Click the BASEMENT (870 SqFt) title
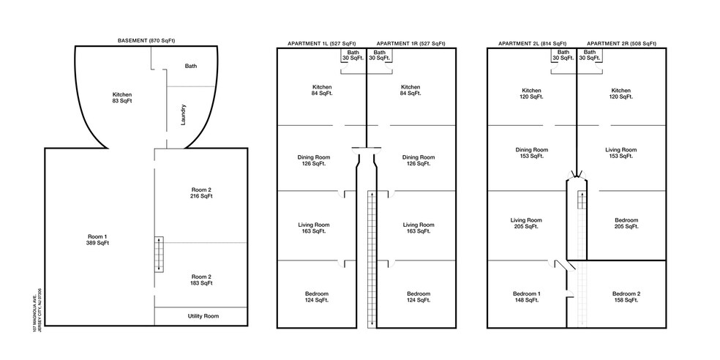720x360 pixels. click(x=146, y=41)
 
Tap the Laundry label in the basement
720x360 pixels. click(x=183, y=116)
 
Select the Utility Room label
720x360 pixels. click(x=203, y=316)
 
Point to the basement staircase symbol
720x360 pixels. click(x=159, y=254)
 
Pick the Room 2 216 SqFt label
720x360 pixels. click(x=201, y=193)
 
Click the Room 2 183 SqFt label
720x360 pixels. click(x=201, y=280)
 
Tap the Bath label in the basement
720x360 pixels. click(x=191, y=66)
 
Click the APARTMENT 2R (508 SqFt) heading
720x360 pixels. click(x=622, y=44)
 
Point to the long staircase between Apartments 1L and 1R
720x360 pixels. click(x=371, y=260)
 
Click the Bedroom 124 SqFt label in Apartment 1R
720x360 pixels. click(x=419, y=297)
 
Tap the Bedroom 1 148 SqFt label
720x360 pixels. click(x=525, y=297)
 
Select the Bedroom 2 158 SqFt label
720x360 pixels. click(x=626, y=297)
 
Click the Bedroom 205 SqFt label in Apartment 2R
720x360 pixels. click(x=626, y=223)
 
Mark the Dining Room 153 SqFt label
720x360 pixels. click(x=532, y=153)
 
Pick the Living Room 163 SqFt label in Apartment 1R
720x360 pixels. click(x=419, y=228)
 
